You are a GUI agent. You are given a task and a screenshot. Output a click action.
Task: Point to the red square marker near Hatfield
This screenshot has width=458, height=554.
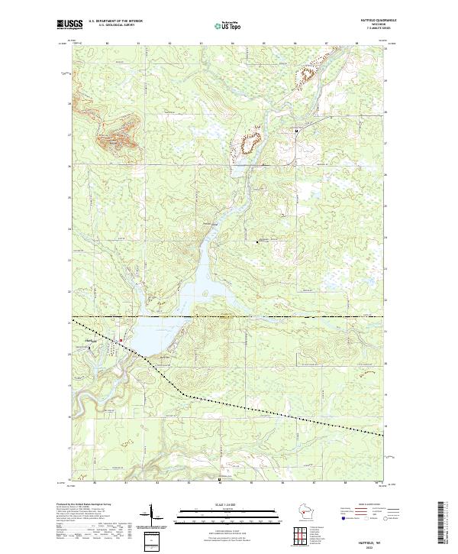click(x=120, y=340)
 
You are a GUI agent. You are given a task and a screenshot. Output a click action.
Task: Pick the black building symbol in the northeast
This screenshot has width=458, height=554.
click(x=297, y=131)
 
